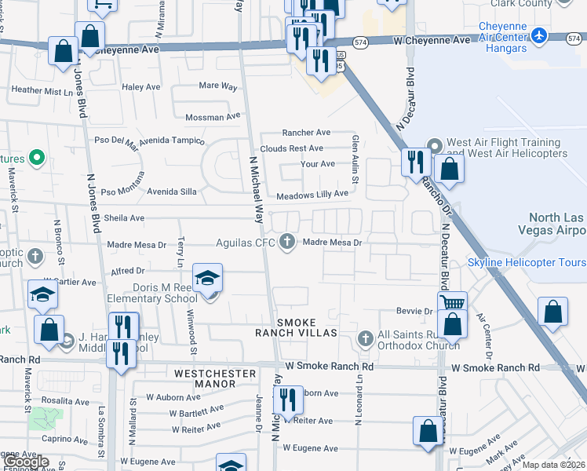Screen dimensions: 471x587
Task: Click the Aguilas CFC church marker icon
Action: pos(288,242)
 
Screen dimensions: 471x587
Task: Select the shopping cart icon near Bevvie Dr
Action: pos(451,302)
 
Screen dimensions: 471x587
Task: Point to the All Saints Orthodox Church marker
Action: pos(364,339)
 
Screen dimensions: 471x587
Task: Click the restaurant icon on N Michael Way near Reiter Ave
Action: pos(288,400)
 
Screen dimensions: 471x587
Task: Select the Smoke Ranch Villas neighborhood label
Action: pos(307,327)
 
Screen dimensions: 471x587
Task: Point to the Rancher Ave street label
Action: pos(307,133)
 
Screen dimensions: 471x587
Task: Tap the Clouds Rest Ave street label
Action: pos(291,148)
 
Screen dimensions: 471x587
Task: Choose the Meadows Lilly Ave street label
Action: pos(312,194)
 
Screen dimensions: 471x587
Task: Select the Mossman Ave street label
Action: pos(211,117)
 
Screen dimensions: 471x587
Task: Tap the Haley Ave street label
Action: pos(140,87)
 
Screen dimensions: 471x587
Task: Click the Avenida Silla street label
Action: pos(173,192)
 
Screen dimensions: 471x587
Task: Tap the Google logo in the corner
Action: pos(25,462)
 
